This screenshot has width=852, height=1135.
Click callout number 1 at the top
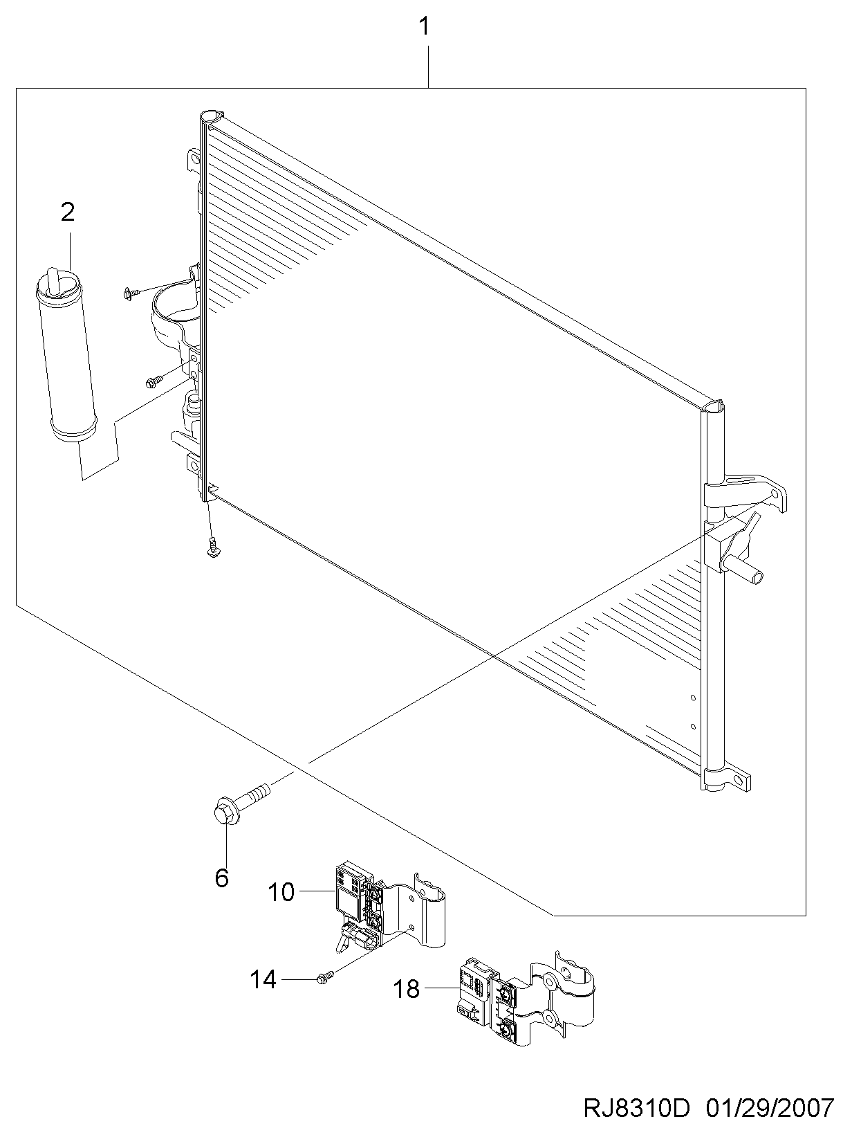[x=425, y=28]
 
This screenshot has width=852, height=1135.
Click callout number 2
[x=68, y=212]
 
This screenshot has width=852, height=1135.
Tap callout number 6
[x=221, y=878]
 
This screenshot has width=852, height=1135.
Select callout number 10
[x=281, y=893]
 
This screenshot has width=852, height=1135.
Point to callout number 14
[x=263, y=979]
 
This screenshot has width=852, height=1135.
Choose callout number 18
[x=407, y=989]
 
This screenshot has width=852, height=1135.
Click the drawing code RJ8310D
[x=637, y=1109]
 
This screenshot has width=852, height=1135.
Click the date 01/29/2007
[x=770, y=1109]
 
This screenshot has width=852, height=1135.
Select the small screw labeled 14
[x=324, y=977]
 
